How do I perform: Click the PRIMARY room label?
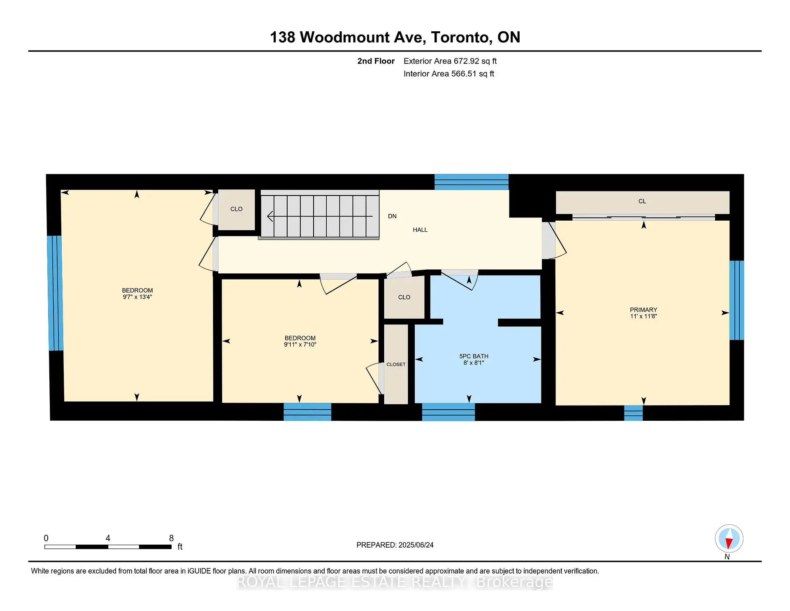coord(643,310)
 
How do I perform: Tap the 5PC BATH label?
coord(474,356)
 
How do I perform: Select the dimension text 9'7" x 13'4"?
coord(137,297)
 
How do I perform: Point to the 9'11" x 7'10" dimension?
coord(300,345)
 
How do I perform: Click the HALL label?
coord(420,230)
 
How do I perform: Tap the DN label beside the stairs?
coord(392,216)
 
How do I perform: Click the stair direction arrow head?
coord(270,216)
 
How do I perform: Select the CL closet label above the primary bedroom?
coord(642,201)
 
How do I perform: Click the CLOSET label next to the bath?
coord(396,364)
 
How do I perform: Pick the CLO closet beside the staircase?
coord(236,209)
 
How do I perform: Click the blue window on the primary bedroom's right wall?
coord(736,300)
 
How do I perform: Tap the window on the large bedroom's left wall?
coord(55,293)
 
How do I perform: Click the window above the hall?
coord(472,182)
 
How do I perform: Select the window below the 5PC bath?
coord(448,412)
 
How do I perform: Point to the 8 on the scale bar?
coord(171,538)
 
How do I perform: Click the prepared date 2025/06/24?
coord(416,545)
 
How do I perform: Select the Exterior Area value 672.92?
coord(466,61)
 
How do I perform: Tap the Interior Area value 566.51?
coord(464,74)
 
